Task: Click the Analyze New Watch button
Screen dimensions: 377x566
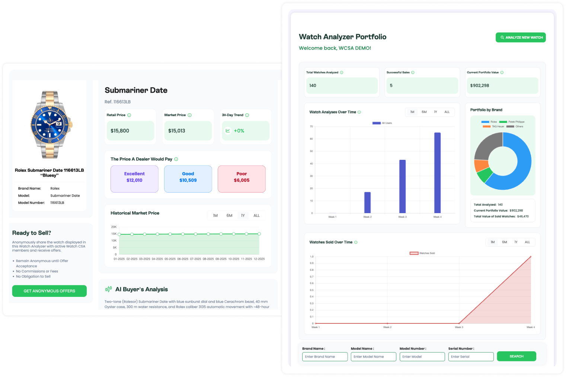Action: tap(520, 37)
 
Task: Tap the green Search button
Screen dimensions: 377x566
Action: tap(516, 357)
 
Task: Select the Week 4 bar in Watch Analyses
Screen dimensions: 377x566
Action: tap(437, 173)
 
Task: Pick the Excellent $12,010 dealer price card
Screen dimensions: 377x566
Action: tap(134, 179)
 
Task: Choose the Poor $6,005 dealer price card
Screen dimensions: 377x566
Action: tap(242, 179)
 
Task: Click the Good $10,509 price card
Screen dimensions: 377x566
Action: tap(188, 179)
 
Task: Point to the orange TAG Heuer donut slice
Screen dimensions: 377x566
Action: tap(481, 165)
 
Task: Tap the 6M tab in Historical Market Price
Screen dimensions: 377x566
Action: tap(229, 216)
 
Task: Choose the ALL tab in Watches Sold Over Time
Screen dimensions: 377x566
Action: tap(527, 242)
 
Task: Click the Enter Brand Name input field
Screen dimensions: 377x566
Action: tap(324, 357)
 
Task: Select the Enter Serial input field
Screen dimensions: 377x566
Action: tap(470, 357)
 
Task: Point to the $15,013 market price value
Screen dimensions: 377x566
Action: tap(177, 131)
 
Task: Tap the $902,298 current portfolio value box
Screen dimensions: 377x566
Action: tap(502, 86)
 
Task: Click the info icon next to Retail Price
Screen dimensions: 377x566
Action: tap(129, 115)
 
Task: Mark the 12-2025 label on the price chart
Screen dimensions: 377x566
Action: tap(259, 259)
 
